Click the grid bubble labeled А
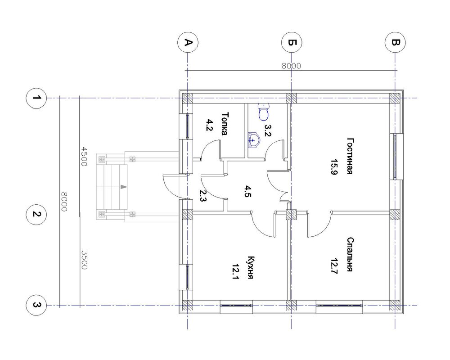click(x=188, y=42)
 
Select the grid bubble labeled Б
click(x=292, y=42)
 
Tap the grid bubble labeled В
click(x=395, y=42)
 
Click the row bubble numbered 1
click(x=36, y=98)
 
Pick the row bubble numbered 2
click(x=36, y=214)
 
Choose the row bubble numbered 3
click(x=36, y=305)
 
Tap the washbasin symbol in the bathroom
click(x=254, y=140)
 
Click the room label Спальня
click(x=350, y=254)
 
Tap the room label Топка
click(x=225, y=123)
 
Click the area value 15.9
click(x=334, y=167)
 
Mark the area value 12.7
click(x=334, y=266)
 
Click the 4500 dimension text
click(x=84, y=157)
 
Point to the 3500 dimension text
click(x=84, y=260)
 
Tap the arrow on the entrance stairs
click(x=124, y=187)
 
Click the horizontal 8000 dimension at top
click(x=291, y=66)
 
